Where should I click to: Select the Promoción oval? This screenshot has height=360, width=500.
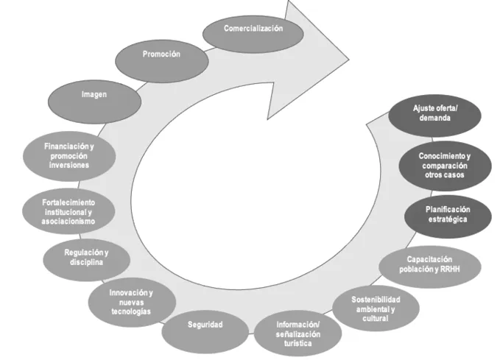point(161,55)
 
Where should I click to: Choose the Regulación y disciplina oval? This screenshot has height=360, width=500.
point(88,257)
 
